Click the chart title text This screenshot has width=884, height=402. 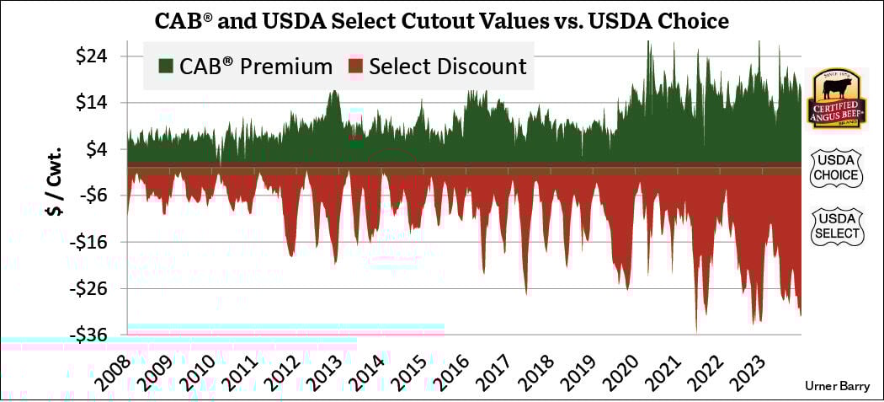coord(441,19)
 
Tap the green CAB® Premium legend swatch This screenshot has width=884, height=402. coord(166,66)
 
